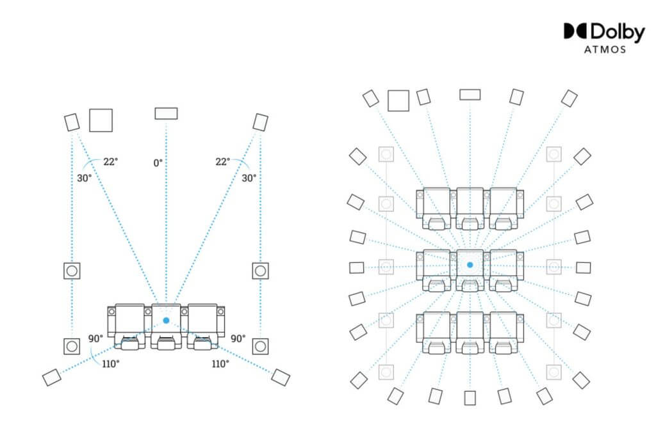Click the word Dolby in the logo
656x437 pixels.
618,32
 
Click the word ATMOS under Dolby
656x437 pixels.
605,50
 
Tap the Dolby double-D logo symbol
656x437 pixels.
576,31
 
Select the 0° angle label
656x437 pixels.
158,163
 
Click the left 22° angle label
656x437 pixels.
110,161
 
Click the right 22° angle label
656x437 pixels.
222,161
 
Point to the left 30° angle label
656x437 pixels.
84,178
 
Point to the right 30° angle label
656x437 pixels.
249,178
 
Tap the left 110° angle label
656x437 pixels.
110,364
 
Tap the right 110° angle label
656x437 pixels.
220,364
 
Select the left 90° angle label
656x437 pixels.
95,338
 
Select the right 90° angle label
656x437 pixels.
238,338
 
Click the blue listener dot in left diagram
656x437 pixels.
166,321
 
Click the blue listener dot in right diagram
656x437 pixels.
470,265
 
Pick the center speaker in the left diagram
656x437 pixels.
166,113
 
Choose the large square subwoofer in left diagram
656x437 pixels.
101,120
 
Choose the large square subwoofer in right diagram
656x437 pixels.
398,100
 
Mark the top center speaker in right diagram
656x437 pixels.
470,95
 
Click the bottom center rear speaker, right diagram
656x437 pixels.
470,398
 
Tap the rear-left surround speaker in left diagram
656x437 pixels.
52,377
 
